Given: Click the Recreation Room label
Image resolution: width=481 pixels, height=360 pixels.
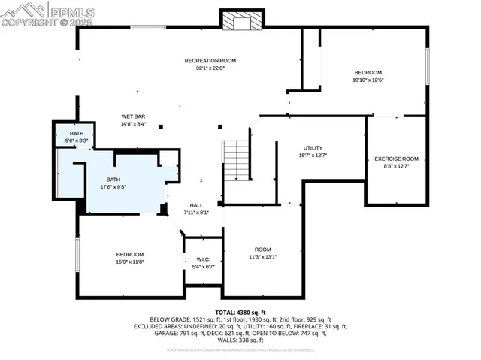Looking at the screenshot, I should point(210,60).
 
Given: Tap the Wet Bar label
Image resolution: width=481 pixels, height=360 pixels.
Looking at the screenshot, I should point(133,116).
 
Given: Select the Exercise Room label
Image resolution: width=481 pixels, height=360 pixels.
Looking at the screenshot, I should point(396,159).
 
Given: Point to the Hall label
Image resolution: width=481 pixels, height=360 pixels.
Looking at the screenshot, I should point(196,205).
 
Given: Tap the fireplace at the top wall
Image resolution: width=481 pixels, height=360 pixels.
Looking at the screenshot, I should point(242,21).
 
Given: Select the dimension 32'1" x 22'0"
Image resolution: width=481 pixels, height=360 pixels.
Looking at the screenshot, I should point(210,68).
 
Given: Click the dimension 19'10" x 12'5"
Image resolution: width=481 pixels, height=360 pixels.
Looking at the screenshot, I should point(368,80).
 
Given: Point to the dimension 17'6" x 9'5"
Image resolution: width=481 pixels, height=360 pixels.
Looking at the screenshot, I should point(113,188).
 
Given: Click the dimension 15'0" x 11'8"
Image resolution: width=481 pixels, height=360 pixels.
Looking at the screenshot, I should point(129,262).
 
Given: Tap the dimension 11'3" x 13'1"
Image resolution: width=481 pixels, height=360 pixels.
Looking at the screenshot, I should point(262,257).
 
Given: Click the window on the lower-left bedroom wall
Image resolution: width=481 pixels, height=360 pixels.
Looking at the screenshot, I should point(77,256).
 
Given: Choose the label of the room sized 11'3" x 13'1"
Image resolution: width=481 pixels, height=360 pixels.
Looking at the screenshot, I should point(262,250).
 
